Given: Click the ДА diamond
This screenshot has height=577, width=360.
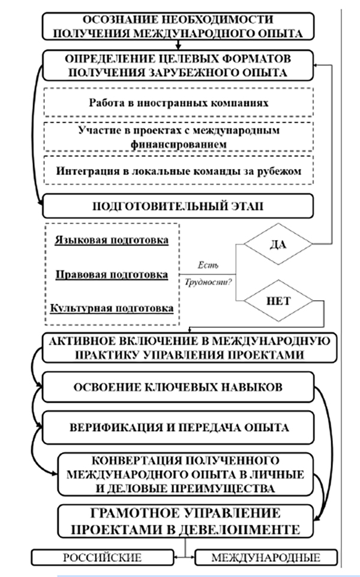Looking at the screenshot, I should (x=277, y=244).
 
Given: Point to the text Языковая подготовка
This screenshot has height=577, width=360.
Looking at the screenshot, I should (x=112, y=240).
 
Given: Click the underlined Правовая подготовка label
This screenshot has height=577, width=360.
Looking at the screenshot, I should (x=112, y=274).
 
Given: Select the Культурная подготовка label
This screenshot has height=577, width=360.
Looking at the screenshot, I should (x=112, y=308).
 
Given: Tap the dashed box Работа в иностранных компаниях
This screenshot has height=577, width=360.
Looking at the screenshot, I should (x=179, y=103).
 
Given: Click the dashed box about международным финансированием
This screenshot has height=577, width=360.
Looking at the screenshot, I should (x=179, y=137).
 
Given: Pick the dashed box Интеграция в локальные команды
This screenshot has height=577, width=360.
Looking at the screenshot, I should (x=179, y=171).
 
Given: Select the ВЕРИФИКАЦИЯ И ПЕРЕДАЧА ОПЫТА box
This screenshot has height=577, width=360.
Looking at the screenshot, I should (x=178, y=427).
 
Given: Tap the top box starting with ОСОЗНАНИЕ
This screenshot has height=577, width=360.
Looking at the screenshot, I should (x=178, y=26).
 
